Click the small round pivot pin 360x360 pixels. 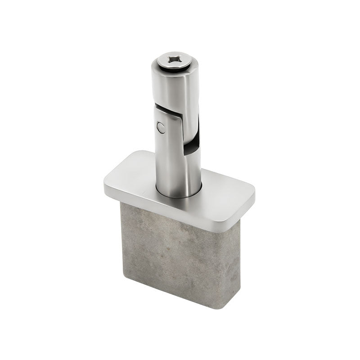point(161,128)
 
